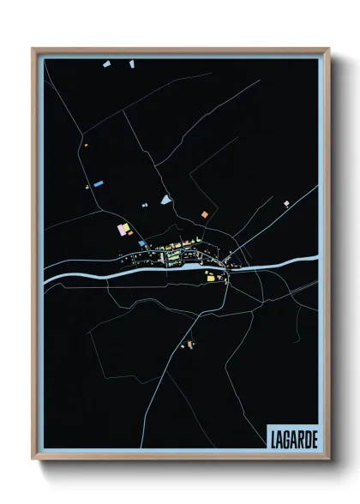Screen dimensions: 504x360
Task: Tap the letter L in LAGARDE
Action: pos(273,436)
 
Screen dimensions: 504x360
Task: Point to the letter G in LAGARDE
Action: pos(286,436)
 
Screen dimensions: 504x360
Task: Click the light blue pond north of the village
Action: pos(165,201)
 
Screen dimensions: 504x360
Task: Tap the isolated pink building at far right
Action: pos(286,204)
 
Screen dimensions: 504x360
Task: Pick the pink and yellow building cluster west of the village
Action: pos(123,229)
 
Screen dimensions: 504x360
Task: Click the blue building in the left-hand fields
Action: pos(99,183)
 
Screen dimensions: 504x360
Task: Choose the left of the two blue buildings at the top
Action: pos(105,64)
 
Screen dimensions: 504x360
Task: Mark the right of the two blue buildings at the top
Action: pos(132,63)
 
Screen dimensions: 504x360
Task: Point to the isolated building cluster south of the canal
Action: pos(188,345)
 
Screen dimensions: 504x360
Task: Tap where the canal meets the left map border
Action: pos(45,278)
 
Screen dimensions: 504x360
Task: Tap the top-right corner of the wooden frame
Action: pos(328,49)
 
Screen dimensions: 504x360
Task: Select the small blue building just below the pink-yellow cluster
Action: pos(141,243)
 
